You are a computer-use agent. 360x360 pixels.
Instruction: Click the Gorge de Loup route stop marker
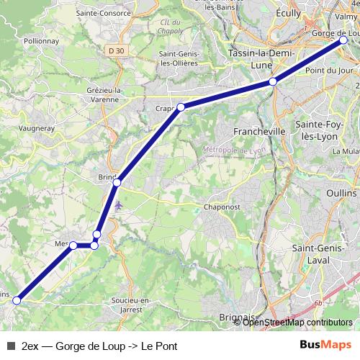pos(344,41)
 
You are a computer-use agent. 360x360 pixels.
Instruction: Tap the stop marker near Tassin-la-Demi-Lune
pos(273,82)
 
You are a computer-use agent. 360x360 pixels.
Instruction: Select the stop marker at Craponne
pos(181,107)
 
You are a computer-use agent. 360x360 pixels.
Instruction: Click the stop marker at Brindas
pos(117,182)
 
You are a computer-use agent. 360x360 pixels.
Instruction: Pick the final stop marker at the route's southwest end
pos(17,301)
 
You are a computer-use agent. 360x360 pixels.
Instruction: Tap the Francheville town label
pos(260,132)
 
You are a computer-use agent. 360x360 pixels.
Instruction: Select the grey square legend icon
pos(10,346)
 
